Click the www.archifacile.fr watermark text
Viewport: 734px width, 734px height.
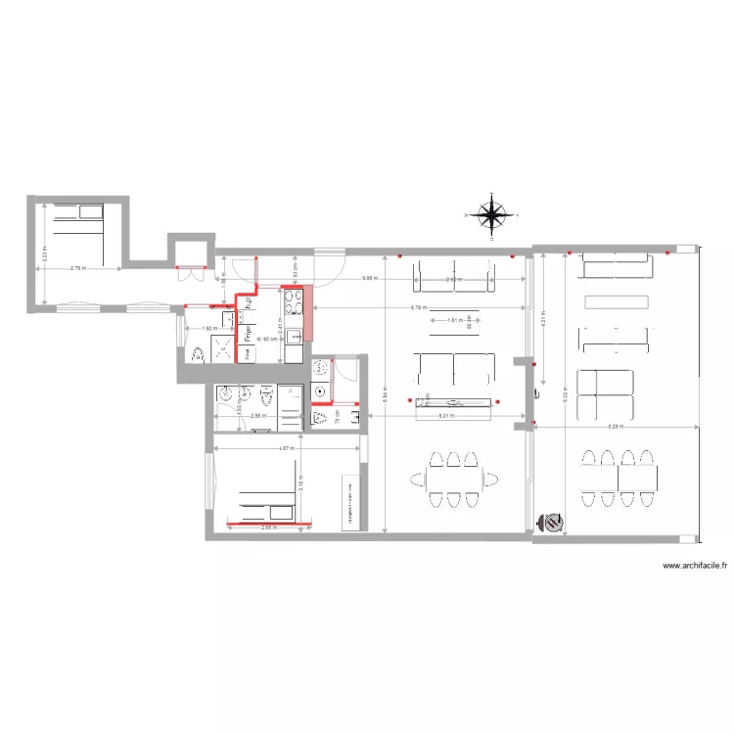click(696, 567)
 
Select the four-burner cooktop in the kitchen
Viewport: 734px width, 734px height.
click(293, 298)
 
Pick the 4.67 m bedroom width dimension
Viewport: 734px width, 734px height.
click(286, 449)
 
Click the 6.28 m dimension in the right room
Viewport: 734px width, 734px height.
click(617, 428)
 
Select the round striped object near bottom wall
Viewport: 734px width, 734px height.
click(553, 524)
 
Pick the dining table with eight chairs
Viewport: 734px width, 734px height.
click(619, 479)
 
